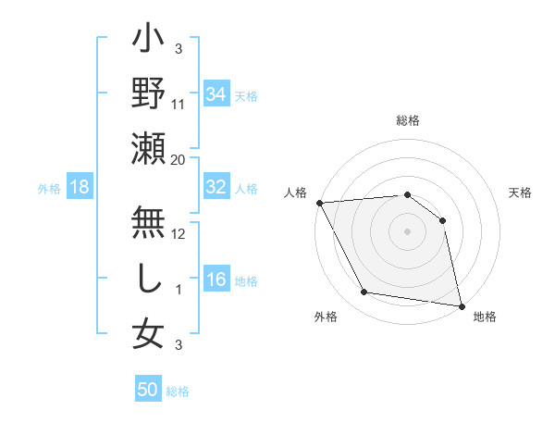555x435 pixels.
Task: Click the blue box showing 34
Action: [x=216, y=93]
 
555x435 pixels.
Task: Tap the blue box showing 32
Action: [x=216, y=187]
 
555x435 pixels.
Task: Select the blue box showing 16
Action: [x=216, y=280]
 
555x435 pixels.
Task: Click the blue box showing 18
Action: [x=80, y=187]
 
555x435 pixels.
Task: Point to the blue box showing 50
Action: [x=148, y=390]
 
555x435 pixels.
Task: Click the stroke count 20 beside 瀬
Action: [x=179, y=159]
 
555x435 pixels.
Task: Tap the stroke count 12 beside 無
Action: [x=179, y=233]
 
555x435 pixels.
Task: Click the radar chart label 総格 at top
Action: [x=408, y=120]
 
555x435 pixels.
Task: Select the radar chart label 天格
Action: [x=521, y=193]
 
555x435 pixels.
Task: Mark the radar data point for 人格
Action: [x=319, y=203]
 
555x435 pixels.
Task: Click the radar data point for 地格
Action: [x=461, y=305]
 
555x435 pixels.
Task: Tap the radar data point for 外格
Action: [x=364, y=292]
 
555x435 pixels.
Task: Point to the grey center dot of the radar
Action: [x=408, y=231]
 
